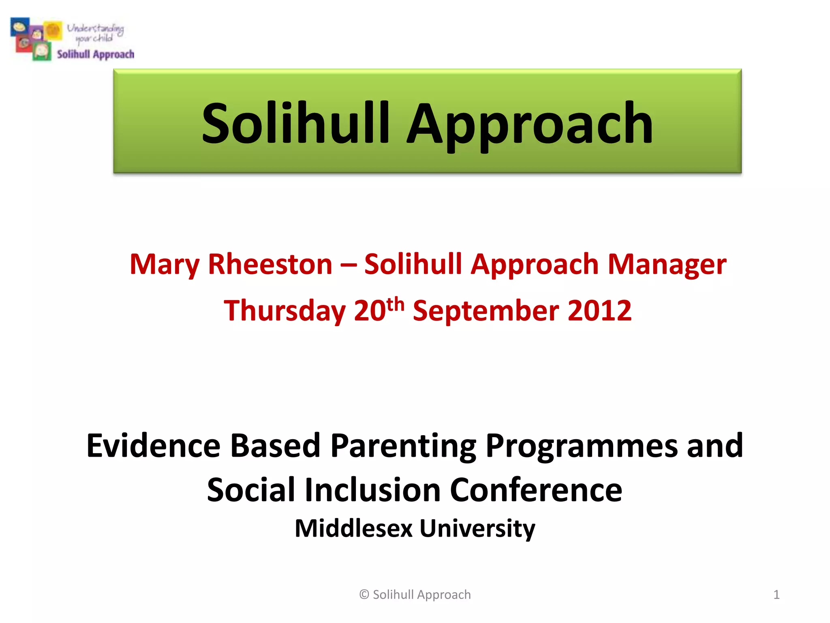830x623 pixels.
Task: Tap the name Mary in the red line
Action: (164, 264)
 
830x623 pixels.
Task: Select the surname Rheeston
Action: (270, 264)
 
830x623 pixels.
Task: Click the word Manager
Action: (667, 264)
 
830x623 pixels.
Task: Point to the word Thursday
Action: (285, 311)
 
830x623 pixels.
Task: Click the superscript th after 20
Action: (395, 303)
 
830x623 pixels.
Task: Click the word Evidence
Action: (153, 446)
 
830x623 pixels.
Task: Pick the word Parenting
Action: (403, 446)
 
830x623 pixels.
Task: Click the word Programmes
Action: (581, 446)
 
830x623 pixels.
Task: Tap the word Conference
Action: (536, 490)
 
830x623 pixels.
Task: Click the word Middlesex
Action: (353, 528)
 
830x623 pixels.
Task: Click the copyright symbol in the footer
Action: (364, 595)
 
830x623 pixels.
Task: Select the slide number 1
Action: (776, 595)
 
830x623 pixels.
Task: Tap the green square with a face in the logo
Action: (42, 52)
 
